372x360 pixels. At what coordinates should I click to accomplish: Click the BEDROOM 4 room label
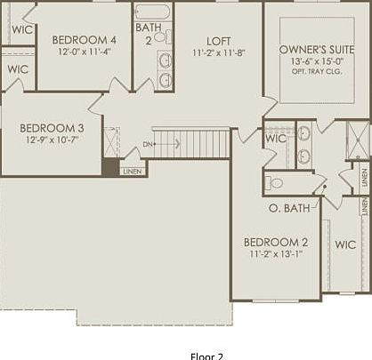84,40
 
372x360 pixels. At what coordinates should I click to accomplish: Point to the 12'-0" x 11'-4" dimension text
84,52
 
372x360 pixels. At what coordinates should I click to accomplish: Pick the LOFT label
218,41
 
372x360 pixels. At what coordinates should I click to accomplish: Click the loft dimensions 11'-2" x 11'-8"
218,52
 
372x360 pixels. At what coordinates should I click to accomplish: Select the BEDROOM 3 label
52,128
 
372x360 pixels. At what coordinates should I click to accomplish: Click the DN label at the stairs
148,143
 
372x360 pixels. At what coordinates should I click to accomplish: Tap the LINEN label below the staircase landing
132,171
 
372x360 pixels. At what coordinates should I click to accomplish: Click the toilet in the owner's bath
275,183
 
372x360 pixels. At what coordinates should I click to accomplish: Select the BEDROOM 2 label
276,242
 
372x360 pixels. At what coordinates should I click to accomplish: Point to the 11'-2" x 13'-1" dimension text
276,253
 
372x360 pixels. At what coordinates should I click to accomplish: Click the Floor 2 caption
206,355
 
